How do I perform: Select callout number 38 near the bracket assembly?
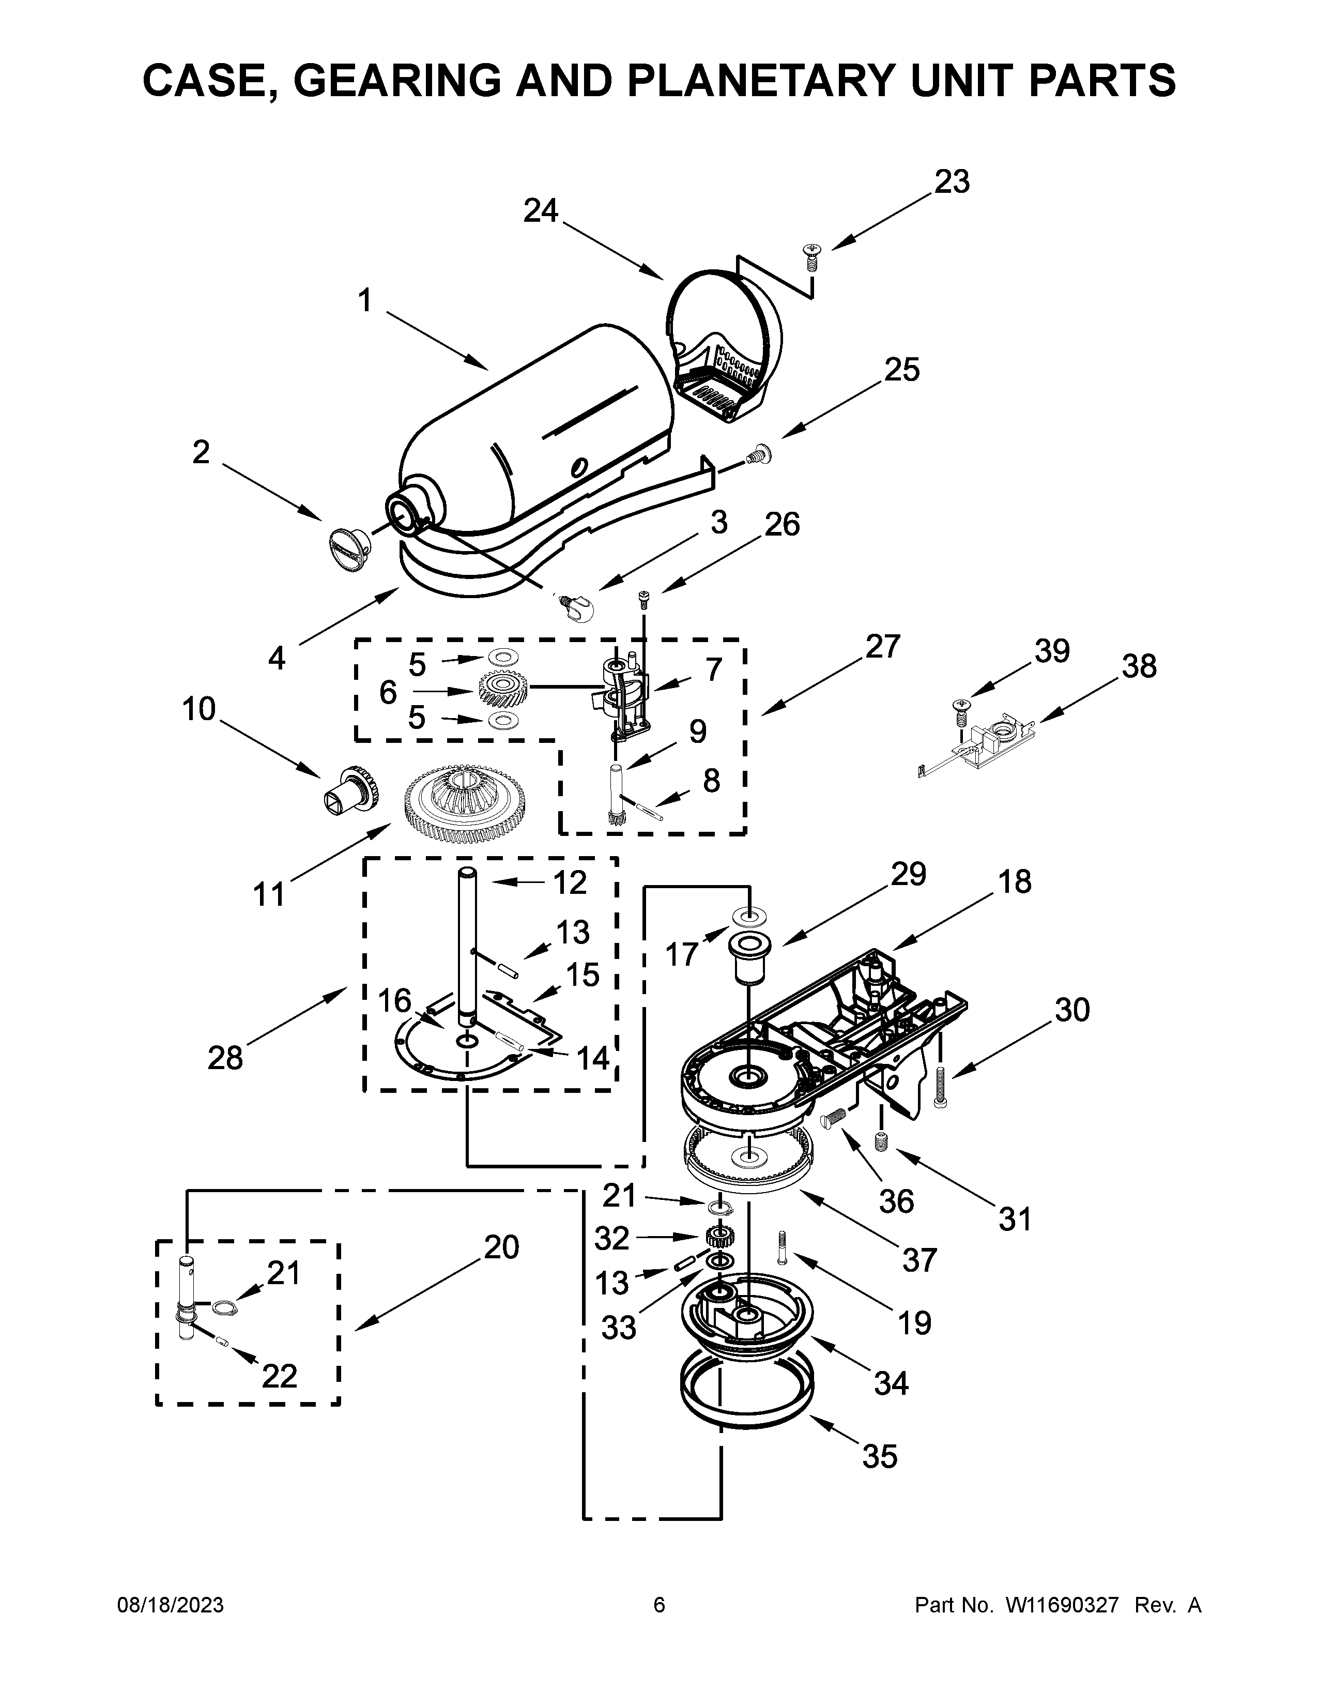(x=1139, y=666)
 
